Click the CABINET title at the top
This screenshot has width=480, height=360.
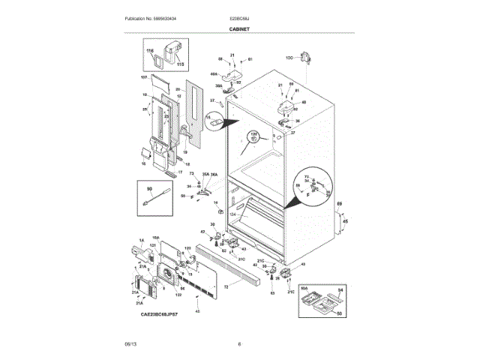239,29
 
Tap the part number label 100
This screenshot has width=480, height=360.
289,57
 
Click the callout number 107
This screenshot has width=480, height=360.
143,78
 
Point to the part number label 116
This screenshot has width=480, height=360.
150,50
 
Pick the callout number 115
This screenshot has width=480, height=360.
179,65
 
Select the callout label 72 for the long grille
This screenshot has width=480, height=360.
226,286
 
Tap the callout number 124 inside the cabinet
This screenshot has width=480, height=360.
232,214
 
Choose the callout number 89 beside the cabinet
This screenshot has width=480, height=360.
338,204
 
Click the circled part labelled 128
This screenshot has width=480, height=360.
254,138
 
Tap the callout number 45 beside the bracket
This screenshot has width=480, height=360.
345,221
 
